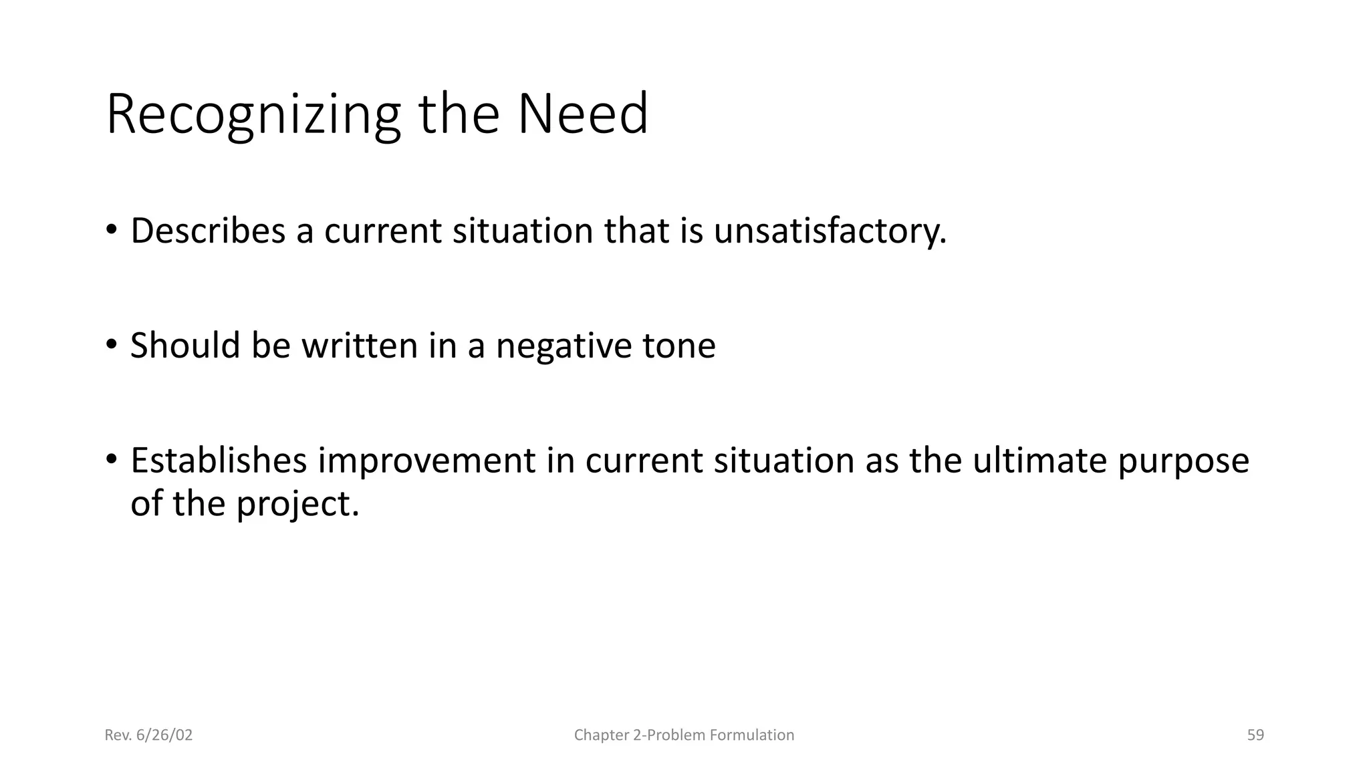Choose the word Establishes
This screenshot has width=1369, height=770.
[219, 461]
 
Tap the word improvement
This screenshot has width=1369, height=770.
[426, 461]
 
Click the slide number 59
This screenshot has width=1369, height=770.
[1255, 735]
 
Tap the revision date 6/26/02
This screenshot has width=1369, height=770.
[164, 735]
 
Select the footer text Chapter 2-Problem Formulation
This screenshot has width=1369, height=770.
[684, 735]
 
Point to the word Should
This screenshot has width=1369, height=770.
[184, 346]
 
